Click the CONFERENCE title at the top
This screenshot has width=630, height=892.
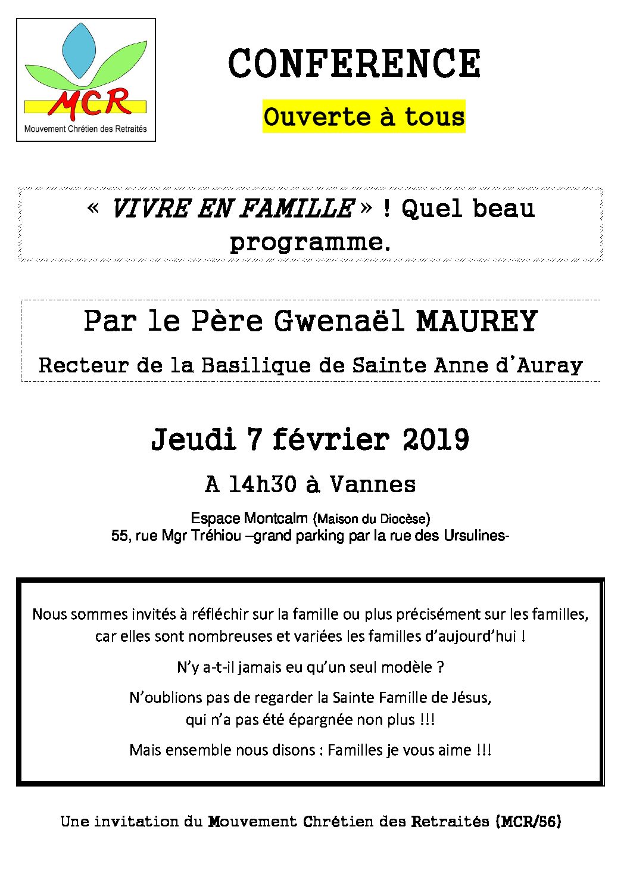[354, 64]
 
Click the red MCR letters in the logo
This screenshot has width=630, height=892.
[91, 102]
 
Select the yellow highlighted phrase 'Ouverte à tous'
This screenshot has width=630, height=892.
[364, 117]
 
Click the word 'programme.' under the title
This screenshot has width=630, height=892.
[310, 242]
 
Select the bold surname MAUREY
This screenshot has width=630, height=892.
[477, 321]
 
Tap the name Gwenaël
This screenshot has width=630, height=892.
[339, 321]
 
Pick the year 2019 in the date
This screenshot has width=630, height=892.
[435, 440]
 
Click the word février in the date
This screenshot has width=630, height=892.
[330, 440]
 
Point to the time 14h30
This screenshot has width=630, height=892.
[262, 484]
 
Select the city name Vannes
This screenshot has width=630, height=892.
[373, 484]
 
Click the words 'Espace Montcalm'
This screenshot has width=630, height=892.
[249, 518]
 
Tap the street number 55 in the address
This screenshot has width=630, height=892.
[119, 536]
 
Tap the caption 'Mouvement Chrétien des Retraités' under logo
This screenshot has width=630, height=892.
[85, 129]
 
